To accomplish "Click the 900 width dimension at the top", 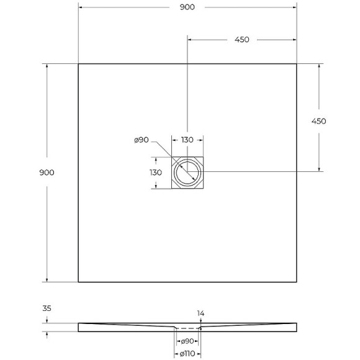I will tap(187, 7).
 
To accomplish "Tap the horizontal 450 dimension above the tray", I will tap(242, 40).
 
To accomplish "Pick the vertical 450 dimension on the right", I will tap(318, 121).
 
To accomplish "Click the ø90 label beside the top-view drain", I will tap(141, 140).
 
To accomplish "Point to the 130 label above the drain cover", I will tap(187, 140).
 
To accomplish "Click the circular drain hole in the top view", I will tap(187, 172).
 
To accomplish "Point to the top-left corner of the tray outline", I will tap(78, 64).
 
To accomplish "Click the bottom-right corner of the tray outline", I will tap(297, 282).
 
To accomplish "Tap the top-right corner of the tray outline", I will tap(297, 64).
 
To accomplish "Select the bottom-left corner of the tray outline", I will tap(78, 282).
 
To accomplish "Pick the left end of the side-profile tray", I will tap(79, 327).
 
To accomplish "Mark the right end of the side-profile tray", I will tap(296, 327).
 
